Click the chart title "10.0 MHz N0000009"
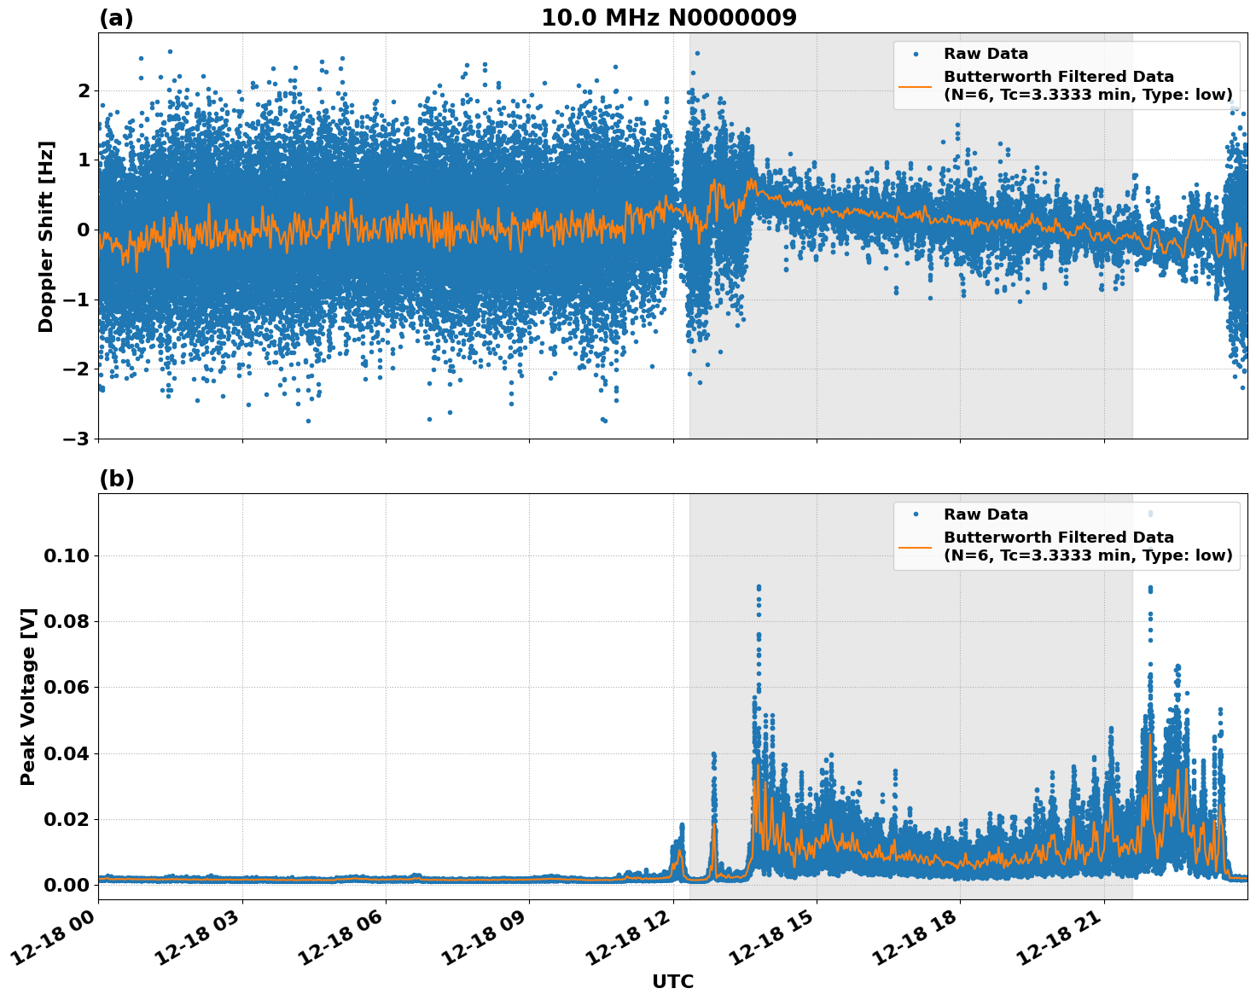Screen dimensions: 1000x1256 pos(668,18)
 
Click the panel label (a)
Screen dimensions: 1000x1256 pos(116,18)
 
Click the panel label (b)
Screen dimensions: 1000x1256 pos(116,479)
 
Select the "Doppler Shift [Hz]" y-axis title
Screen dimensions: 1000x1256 pos(46,236)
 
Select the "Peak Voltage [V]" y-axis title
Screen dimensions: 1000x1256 pos(29,696)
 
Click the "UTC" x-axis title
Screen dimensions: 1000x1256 pos(672,981)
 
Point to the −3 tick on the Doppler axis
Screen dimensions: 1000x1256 pos(77,439)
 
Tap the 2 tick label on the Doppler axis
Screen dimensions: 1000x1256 pos(83,90)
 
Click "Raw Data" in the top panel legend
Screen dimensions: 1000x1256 pos(986,54)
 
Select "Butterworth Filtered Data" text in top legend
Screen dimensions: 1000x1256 pos(1058,77)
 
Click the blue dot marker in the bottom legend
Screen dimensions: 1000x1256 pos(915,515)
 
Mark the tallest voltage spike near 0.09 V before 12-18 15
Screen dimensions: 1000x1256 pos(758,587)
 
